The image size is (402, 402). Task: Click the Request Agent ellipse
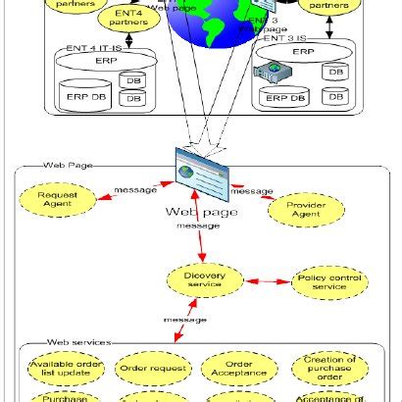click(56, 200)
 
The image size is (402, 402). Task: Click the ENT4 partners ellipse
click(126, 17)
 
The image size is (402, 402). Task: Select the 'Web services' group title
click(77, 342)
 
